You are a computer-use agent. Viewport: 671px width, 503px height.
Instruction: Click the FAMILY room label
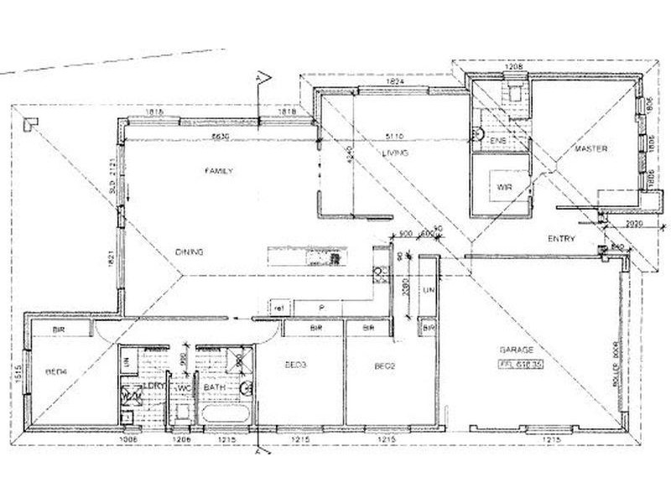point(218,170)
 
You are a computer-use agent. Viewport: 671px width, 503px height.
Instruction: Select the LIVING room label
point(395,153)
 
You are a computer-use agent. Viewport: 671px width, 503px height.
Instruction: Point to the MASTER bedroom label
point(590,149)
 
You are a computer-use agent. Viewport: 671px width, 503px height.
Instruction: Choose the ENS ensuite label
point(497,139)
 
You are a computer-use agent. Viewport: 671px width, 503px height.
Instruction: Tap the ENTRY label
point(561,239)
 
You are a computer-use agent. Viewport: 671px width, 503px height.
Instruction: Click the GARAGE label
point(518,350)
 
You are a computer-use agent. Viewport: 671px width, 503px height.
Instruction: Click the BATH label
point(214,388)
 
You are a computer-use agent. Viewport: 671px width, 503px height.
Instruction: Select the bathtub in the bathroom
point(221,414)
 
